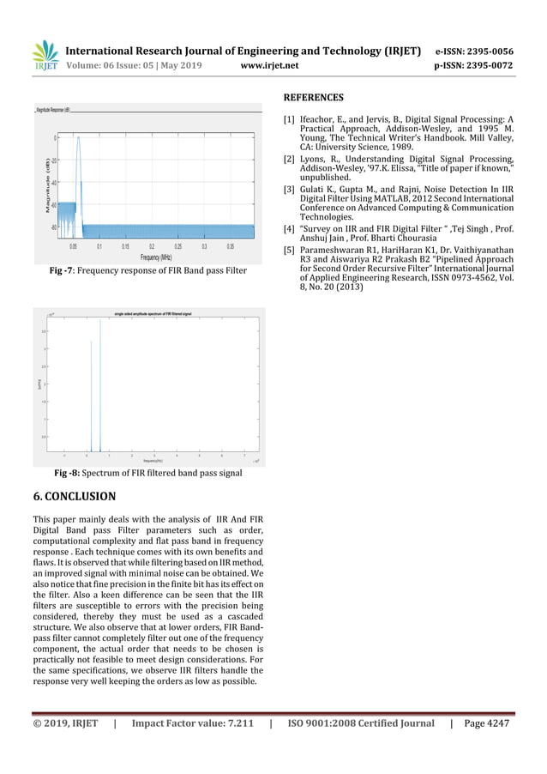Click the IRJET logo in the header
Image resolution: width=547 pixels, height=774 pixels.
coord(45,57)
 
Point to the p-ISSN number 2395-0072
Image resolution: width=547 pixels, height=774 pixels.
coord(488,65)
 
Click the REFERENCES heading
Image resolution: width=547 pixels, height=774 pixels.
coord(313,98)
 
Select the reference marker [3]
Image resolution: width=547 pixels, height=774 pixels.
coord(290,189)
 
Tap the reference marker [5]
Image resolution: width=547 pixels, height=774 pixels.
coord(290,250)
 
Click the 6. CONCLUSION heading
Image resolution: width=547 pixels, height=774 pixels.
coord(74,496)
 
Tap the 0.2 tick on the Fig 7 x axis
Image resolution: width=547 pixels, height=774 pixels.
coord(152,245)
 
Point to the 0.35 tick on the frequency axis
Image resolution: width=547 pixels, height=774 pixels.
coord(230,245)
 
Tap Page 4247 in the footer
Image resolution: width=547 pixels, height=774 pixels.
coord(487,723)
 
